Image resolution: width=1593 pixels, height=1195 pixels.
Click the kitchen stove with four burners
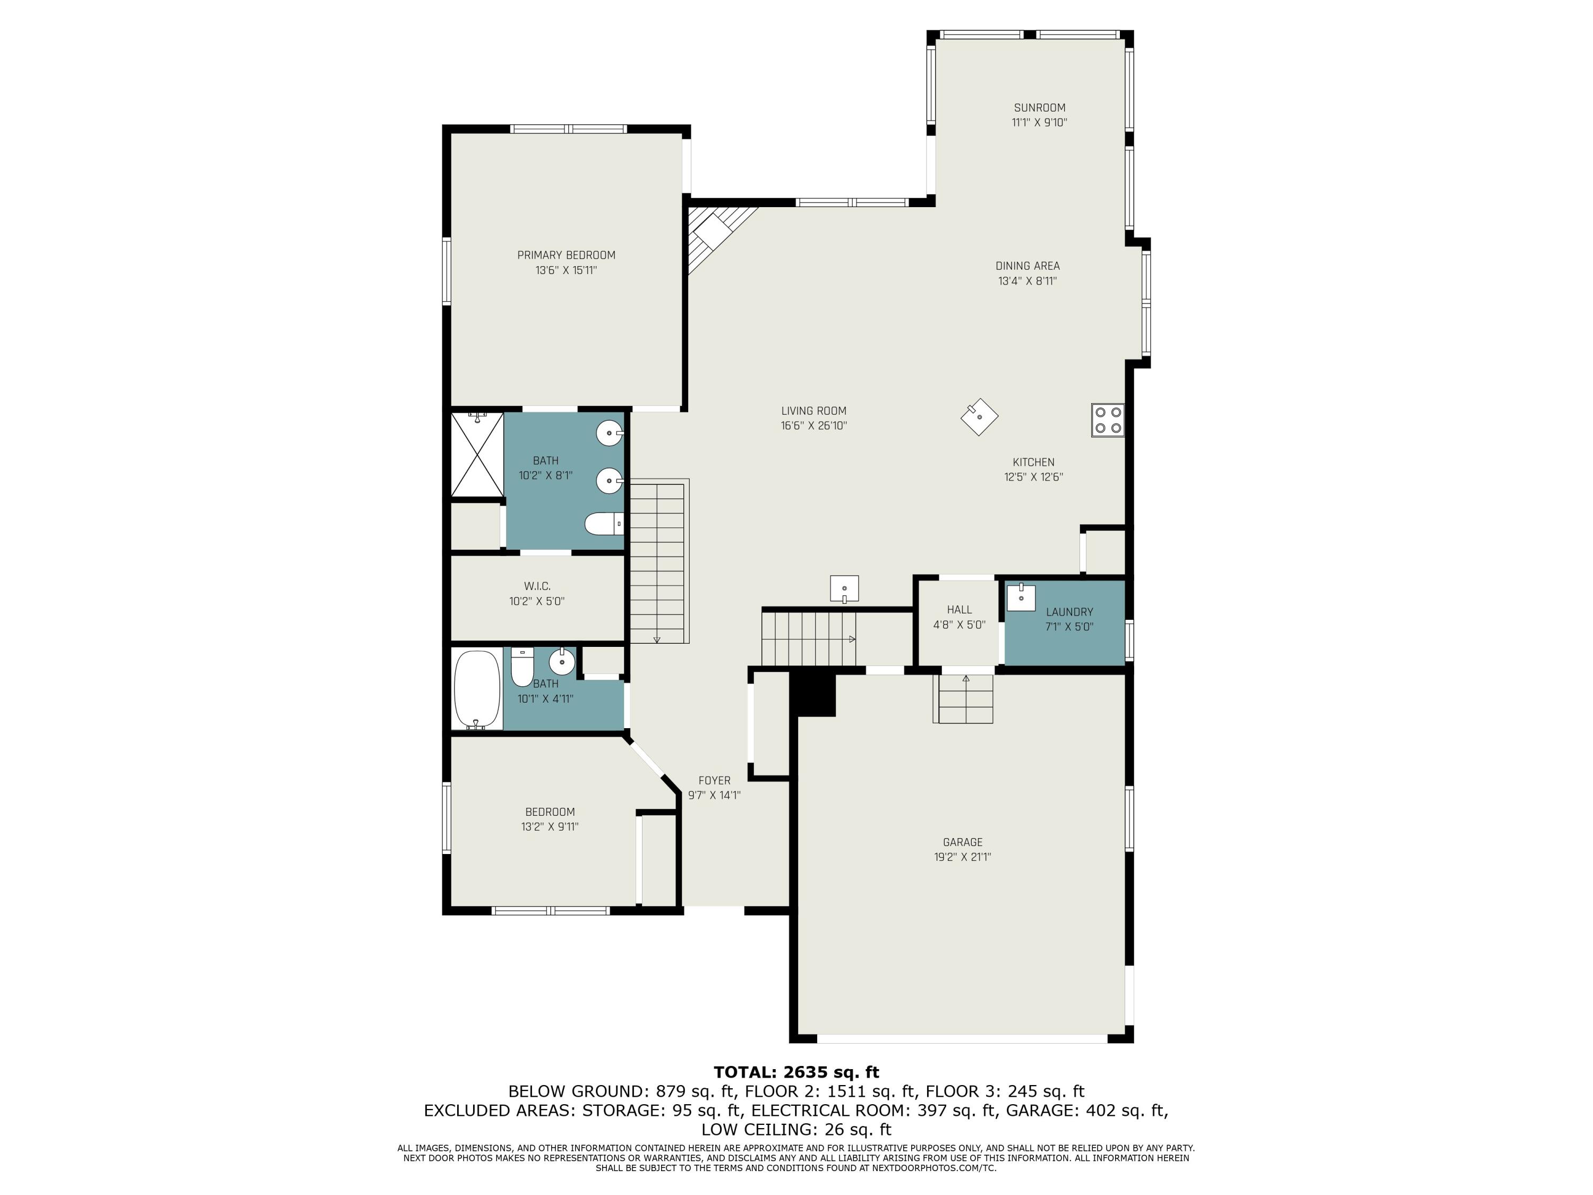1108,421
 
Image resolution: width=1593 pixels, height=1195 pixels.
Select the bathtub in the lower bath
477,689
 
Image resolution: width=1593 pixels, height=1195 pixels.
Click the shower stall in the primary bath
477,455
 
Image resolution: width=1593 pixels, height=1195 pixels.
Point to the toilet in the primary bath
604,524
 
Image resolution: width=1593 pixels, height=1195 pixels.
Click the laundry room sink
1021,597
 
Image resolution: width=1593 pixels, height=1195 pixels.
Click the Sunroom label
1039,108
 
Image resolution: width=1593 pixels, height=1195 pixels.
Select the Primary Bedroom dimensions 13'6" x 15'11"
566,270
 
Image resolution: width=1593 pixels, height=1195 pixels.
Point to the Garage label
963,842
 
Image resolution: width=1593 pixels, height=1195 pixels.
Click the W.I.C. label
537,586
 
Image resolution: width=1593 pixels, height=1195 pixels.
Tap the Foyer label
714,781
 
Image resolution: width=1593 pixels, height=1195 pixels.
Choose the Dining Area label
1027,266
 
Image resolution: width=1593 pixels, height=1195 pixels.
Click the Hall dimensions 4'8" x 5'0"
960,625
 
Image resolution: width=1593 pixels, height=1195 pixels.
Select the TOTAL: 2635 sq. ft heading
796,1072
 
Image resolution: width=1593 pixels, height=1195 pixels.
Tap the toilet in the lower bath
521,667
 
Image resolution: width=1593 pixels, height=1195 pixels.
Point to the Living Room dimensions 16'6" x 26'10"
814,426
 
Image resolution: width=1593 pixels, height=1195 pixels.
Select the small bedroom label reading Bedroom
550,812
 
